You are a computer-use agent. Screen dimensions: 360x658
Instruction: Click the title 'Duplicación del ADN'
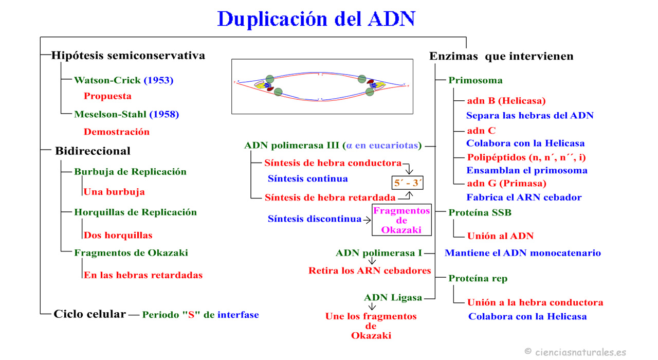tap(316, 19)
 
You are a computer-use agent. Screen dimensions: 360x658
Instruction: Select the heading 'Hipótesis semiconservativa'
tap(128, 56)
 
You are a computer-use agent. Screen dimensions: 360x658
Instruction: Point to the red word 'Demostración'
tap(117, 132)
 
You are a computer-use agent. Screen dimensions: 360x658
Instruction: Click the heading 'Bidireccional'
tap(93, 151)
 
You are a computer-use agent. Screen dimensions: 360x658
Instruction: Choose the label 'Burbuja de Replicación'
tap(130, 172)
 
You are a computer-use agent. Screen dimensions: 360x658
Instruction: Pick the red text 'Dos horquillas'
tap(118, 235)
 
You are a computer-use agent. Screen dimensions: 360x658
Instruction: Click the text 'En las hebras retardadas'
tap(143, 275)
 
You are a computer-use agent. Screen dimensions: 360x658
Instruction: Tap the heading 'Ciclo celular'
tap(89, 314)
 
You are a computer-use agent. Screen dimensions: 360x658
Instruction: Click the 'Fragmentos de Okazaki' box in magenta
tap(401, 220)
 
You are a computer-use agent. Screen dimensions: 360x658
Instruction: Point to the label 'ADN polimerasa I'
tap(379, 253)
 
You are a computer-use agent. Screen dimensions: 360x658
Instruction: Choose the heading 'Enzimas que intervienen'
tap(501, 57)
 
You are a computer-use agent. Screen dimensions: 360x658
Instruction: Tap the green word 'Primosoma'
tap(476, 80)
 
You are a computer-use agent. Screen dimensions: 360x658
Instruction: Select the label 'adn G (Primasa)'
tap(506, 183)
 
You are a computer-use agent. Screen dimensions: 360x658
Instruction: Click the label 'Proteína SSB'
tap(480, 212)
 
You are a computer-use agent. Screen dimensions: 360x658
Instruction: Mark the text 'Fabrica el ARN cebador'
tap(524, 197)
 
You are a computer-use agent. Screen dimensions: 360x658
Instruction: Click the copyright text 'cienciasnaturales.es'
tap(580, 352)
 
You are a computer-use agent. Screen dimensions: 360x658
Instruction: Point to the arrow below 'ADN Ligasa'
tap(372, 307)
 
